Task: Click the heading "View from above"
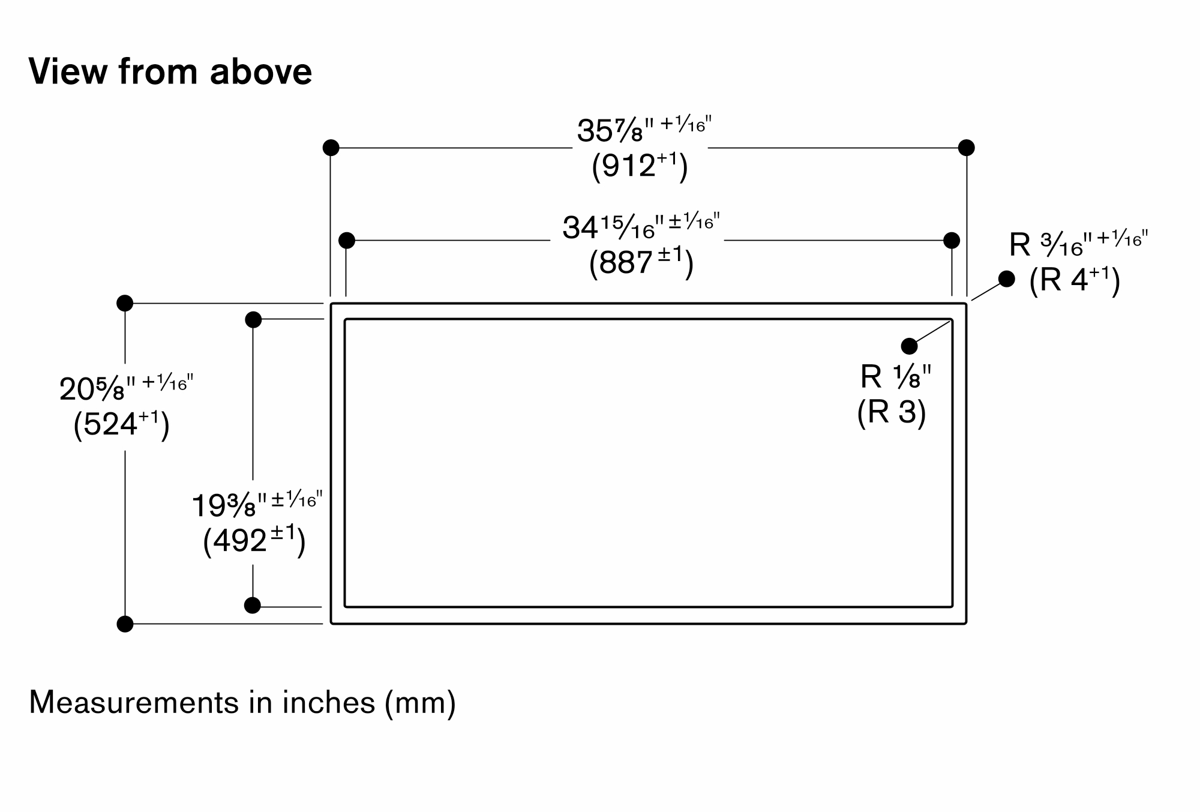tap(170, 71)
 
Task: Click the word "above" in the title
tap(261, 71)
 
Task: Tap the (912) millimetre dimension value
tap(640, 166)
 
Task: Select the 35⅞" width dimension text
tap(644, 130)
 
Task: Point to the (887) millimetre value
tap(641, 263)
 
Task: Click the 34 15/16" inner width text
tap(641, 226)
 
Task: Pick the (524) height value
tap(121, 425)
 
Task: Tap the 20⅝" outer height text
tap(127, 388)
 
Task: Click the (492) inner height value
tap(254, 541)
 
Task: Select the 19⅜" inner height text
tap(257, 505)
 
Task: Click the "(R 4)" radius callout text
tap(1075, 280)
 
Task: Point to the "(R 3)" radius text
tap(892, 412)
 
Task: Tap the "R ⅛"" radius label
tap(896, 377)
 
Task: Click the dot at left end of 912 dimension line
tap(331, 148)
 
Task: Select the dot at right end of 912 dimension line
tap(966, 148)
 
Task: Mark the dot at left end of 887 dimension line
tap(347, 241)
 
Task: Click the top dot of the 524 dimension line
tap(125, 303)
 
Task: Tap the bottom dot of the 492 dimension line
tap(253, 606)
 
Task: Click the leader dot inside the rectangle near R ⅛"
tap(909, 346)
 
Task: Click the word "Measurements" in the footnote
tap(134, 703)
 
